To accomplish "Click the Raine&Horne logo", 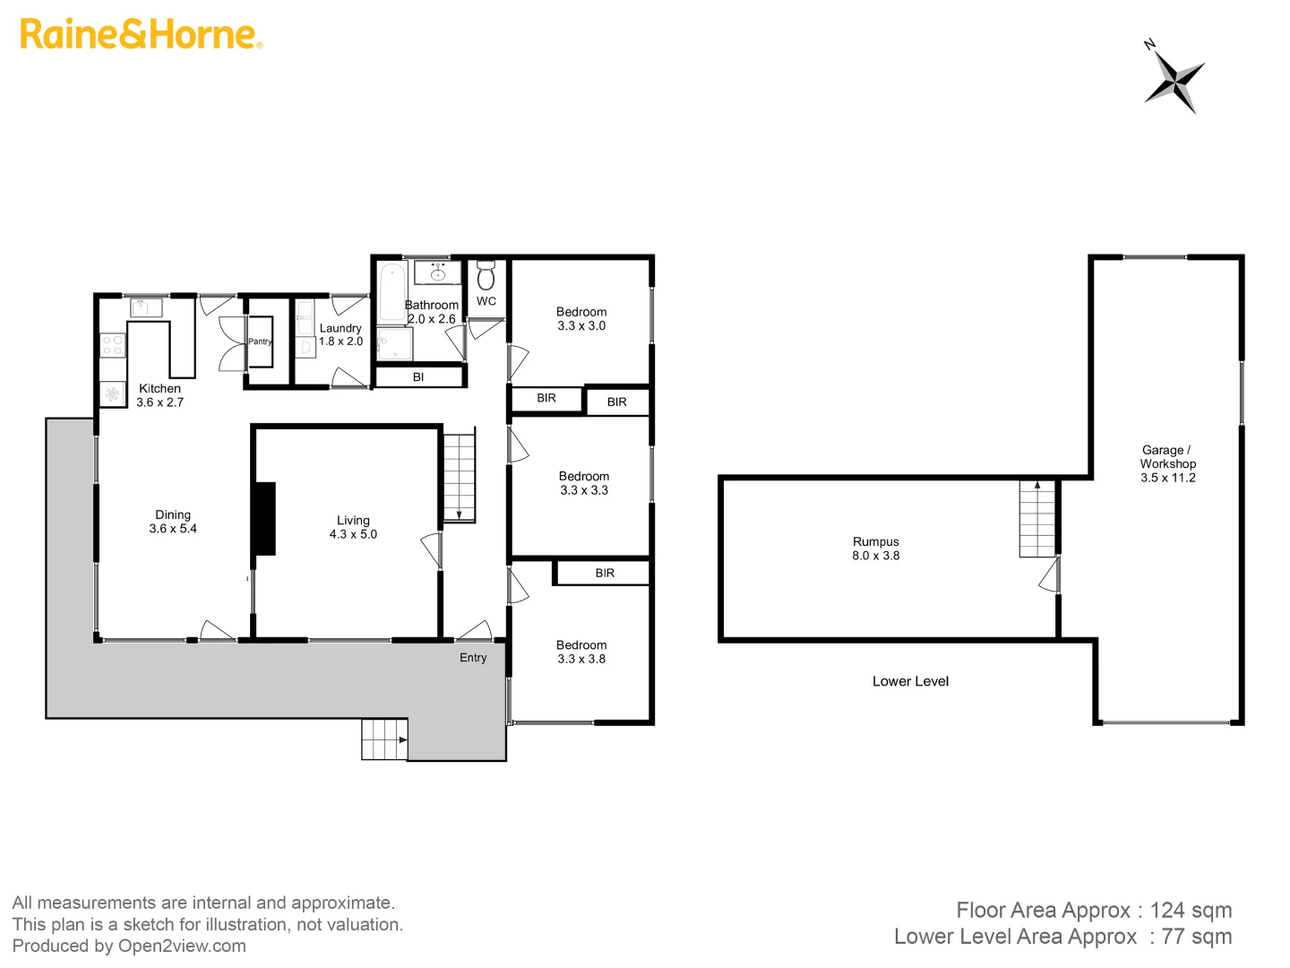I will tap(141, 34).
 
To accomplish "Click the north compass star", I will tap(1174, 81).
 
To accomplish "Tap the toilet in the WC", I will tap(486, 275).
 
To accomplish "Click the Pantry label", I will tap(260, 341).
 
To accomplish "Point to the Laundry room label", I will tap(340, 334).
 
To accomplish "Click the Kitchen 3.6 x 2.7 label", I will tap(159, 395).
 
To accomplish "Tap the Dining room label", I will tap(173, 522).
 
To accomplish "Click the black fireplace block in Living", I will tap(265, 518).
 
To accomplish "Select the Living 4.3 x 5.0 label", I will tap(353, 527).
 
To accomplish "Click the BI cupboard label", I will tap(418, 377).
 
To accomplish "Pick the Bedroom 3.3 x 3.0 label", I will tap(581, 319).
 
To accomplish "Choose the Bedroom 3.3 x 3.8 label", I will tap(581, 652).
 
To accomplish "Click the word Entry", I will tap(473, 658).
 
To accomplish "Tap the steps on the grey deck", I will tap(384, 739).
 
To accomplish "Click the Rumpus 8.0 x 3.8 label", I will tap(875, 549).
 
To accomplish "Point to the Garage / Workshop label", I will tap(1167, 463).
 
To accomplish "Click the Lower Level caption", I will tap(910, 681).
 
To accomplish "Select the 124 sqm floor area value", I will tap(1191, 911).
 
